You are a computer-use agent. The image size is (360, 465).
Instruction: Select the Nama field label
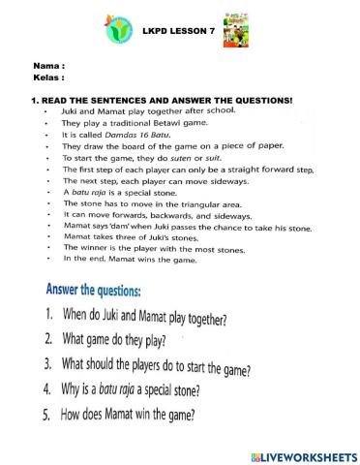[x=48, y=65]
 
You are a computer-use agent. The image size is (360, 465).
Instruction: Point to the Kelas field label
[x=48, y=76]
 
